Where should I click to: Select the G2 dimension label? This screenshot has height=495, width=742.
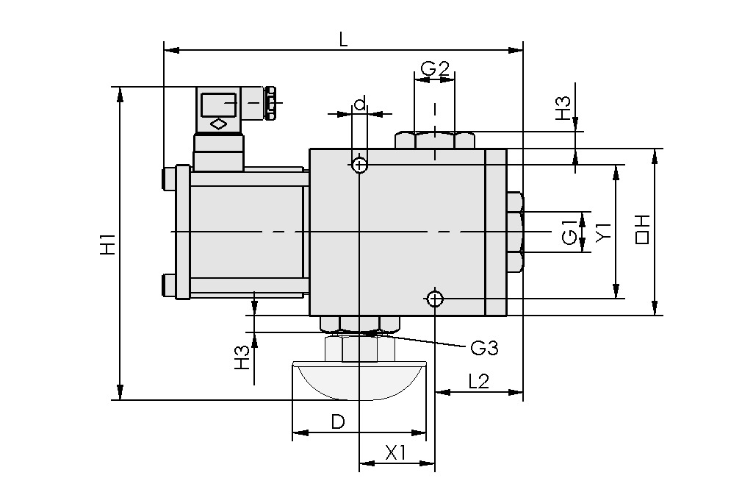(434, 69)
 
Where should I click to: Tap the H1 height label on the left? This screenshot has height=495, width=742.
(107, 243)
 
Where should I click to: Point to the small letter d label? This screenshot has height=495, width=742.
(359, 104)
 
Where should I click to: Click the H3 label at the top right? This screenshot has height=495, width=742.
(563, 109)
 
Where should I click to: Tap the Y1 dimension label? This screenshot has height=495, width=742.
(603, 232)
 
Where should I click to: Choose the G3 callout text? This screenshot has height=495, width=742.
(484, 348)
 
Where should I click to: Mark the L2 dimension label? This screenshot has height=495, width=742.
(478, 381)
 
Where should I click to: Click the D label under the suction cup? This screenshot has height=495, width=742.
(337, 422)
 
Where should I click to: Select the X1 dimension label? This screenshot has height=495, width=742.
(396, 453)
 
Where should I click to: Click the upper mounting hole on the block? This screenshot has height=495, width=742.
(359, 165)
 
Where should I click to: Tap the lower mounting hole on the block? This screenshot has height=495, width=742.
(434, 298)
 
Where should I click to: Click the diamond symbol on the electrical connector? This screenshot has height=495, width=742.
(218, 124)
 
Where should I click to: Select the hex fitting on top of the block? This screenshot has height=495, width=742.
(434, 140)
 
